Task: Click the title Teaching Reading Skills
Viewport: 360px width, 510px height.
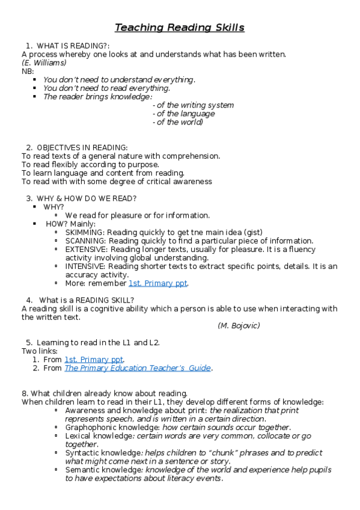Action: coord(180,28)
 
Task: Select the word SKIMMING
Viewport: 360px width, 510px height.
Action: coord(85,232)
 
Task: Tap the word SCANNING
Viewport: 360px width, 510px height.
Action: coord(85,241)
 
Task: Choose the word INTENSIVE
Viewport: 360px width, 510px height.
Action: coord(86,266)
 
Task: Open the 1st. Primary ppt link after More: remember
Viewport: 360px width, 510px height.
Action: coord(157,283)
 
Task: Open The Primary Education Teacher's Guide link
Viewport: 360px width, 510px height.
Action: coord(138,368)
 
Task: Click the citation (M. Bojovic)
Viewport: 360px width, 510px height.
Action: coord(239,325)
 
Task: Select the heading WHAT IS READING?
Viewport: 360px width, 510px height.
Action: coord(72,46)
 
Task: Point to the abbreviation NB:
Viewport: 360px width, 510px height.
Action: coord(28,71)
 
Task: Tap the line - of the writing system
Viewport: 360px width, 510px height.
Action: coord(193,105)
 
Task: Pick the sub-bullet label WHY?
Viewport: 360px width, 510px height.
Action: coord(53,207)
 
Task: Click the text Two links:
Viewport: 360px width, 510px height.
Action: coord(40,351)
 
